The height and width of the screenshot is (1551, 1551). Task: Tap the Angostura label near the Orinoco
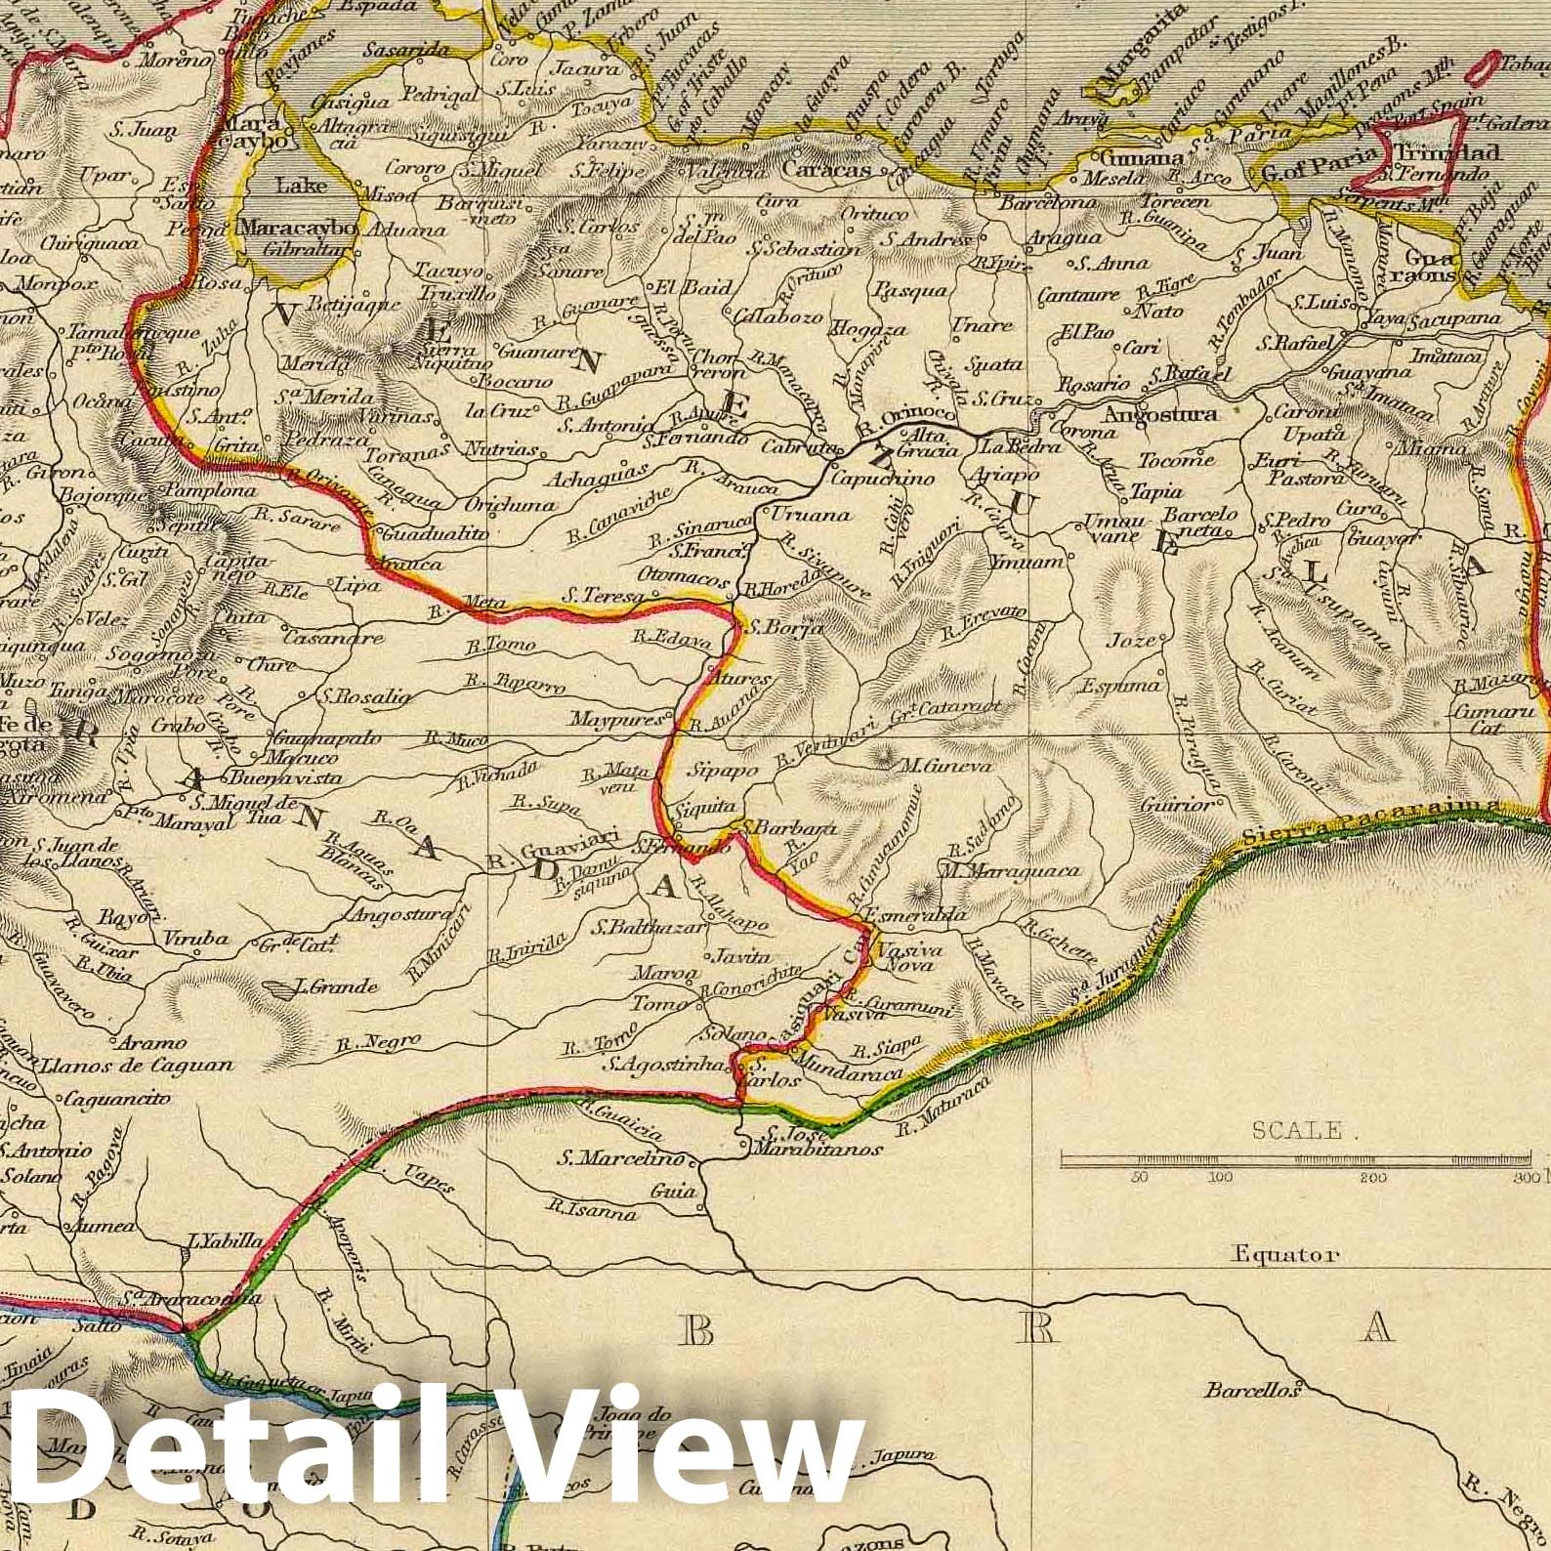[1160, 413]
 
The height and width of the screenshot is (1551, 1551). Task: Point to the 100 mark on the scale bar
[1220, 1178]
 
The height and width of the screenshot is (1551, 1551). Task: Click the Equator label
[1285, 1255]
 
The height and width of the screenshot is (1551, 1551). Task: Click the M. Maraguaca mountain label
[1008, 869]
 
